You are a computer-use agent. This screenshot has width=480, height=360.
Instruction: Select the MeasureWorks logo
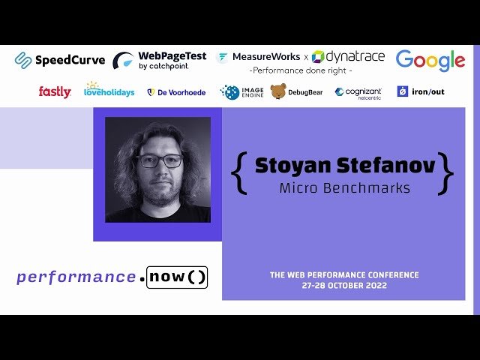258,57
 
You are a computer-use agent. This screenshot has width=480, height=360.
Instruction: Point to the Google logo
430,60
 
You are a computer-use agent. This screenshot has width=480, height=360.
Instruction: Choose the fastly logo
55,91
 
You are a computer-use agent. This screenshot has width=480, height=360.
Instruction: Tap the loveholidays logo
109,90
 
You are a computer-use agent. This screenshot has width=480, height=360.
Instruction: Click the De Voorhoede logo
176,92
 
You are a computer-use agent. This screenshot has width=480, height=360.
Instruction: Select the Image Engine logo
242,91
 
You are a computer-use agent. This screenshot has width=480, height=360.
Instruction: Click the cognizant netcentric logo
358,92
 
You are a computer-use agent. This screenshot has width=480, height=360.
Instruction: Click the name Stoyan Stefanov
344,166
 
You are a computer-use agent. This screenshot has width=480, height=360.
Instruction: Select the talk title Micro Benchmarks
344,187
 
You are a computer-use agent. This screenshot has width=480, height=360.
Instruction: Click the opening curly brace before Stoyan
238,173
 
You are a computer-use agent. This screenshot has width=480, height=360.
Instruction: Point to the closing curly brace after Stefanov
446,173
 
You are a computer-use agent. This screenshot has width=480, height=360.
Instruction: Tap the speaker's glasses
159,160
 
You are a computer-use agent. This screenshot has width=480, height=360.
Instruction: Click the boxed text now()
177,277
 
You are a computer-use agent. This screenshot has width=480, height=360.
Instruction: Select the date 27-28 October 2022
344,286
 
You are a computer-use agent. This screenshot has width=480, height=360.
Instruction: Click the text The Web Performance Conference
344,274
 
